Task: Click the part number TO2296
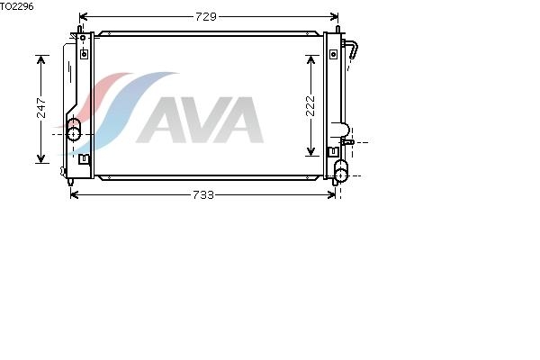click(x=17, y=6)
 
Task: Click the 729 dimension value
click(x=206, y=16)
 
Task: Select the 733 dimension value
click(x=203, y=195)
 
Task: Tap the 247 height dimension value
click(x=41, y=108)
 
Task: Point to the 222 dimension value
click(x=310, y=105)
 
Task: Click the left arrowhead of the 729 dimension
click(x=84, y=16)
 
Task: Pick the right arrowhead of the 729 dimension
click(x=334, y=16)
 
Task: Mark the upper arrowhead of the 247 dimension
click(x=41, y=59)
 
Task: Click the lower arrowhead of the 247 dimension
click(x=41, y=158)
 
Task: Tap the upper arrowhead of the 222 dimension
click(x=310, y=59)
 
